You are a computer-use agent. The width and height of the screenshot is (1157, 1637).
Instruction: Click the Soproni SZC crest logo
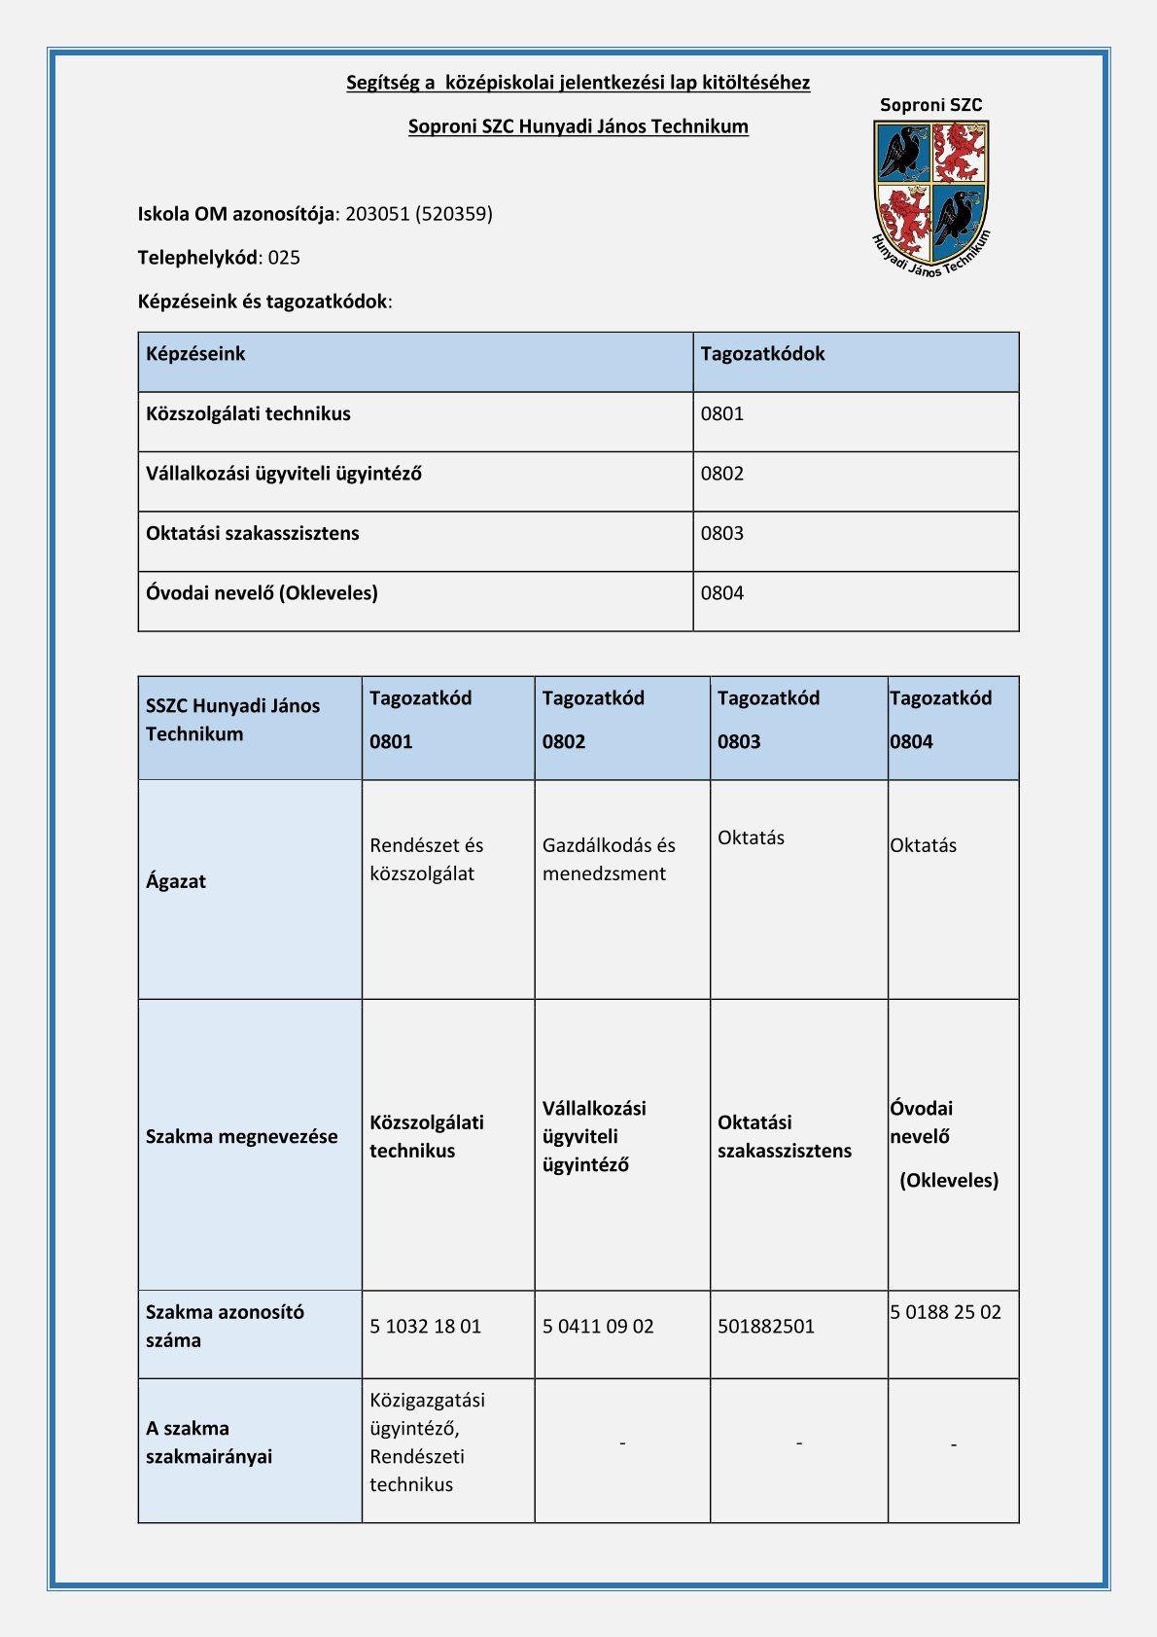(x=931, y=191)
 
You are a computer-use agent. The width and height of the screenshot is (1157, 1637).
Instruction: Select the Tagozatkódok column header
(x=762, y=354)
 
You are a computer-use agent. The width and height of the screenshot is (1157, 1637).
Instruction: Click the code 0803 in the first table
(x=721, y=533)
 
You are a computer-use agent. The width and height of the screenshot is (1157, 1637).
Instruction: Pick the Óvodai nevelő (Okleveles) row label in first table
(x=262, y=592)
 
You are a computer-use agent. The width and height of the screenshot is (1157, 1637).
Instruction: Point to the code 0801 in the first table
(x=721, y=413)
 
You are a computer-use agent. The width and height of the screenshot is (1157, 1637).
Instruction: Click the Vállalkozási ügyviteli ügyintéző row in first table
(x=284, y=474)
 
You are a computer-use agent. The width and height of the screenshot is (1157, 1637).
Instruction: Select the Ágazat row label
(x=176, y=881)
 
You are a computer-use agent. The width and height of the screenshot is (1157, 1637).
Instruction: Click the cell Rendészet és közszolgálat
(x=426, y=859)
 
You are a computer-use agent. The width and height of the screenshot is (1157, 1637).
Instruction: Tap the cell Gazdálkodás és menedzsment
(x=609, y=859)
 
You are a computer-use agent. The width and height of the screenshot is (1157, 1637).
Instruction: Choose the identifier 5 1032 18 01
(x=425, y=1327)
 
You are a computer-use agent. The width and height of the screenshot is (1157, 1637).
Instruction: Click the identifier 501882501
(x=766, y=1327)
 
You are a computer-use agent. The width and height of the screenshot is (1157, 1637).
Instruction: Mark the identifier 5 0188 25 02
(x=945, y=1312)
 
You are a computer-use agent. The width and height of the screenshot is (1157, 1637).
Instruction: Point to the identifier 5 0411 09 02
(x=598, y=1327)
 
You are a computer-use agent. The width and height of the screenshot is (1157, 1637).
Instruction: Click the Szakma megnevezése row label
(x=242, y=1136)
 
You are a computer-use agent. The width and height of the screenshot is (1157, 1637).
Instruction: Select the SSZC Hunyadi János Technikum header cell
(x=232, y=720)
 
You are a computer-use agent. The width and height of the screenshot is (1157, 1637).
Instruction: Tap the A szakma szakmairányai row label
(x=209, y=1442)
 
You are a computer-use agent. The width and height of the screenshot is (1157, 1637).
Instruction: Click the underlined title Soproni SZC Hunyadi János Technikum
(x=578, y=126)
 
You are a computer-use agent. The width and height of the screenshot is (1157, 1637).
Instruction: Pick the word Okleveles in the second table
(x=949, y=1181)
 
